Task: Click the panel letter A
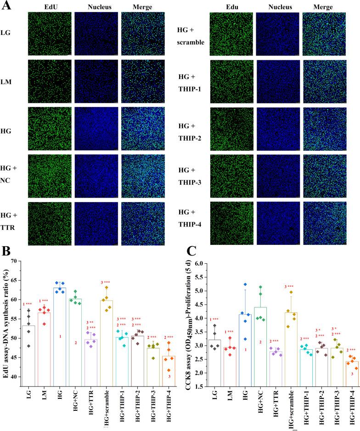tap(6, 6)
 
